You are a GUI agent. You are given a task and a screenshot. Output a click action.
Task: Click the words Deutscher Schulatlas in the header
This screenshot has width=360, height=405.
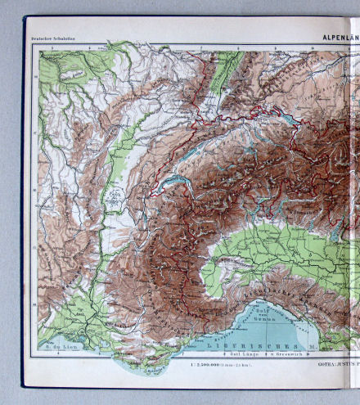click(x=52, y=38)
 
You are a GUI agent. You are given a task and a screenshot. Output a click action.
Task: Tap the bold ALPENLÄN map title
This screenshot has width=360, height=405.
click(x=337, y=37)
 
